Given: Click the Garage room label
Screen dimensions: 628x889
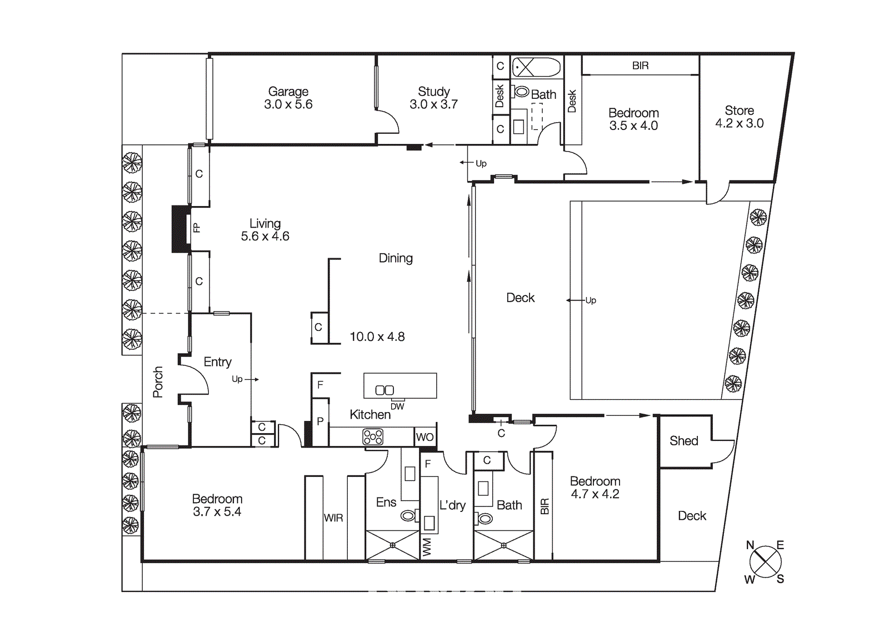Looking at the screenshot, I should pyautogui.click(x=288, y=92).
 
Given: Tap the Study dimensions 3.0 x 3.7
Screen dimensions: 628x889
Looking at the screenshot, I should pyautogui.click(x=433, y=104).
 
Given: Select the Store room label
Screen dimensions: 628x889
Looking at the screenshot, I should pyautogui.click(x=739, y=110).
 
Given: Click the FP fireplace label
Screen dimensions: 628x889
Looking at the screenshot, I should pyautogui.click(x=196, y=228).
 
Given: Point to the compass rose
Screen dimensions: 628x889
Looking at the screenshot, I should pyautogui.click(x=765, y=561).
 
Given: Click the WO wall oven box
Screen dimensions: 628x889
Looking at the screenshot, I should pyautogui.click(x=425, y=437).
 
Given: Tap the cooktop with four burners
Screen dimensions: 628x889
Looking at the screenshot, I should pyautogui.click(x=373, y=437).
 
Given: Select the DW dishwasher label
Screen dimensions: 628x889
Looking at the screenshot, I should pyautogui.click(x=397, y=406).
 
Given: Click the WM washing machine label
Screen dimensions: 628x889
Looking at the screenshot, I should pyautogui.click(x=427, y=546).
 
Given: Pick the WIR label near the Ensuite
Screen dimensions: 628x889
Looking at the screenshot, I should pyautogui.click(x=333, y=518).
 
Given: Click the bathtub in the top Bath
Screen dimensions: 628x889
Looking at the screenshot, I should pyautogui.click(x=536, y=68).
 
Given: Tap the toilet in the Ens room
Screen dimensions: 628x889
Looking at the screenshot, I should pyautogui.click(x=409, y=516).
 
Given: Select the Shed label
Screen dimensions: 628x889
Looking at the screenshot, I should pyautogui.click(x=683, y=441).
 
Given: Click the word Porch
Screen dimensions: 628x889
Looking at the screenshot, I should pyautogui.click(x=158, y=382).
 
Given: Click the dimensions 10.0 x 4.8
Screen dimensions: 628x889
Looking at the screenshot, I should pyautogui.click(x=377, y=336).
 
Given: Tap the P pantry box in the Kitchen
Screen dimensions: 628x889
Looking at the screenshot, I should pyautogui.click(x=320, y=421).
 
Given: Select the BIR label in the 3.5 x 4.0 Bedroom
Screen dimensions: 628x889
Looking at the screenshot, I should pyautogui.click(x=640, y=66).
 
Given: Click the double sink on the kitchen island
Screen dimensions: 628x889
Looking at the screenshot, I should pyautogui.click(x=384, y=390).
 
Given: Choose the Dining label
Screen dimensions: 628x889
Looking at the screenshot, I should pyautogui.click(x=396, y=258).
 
